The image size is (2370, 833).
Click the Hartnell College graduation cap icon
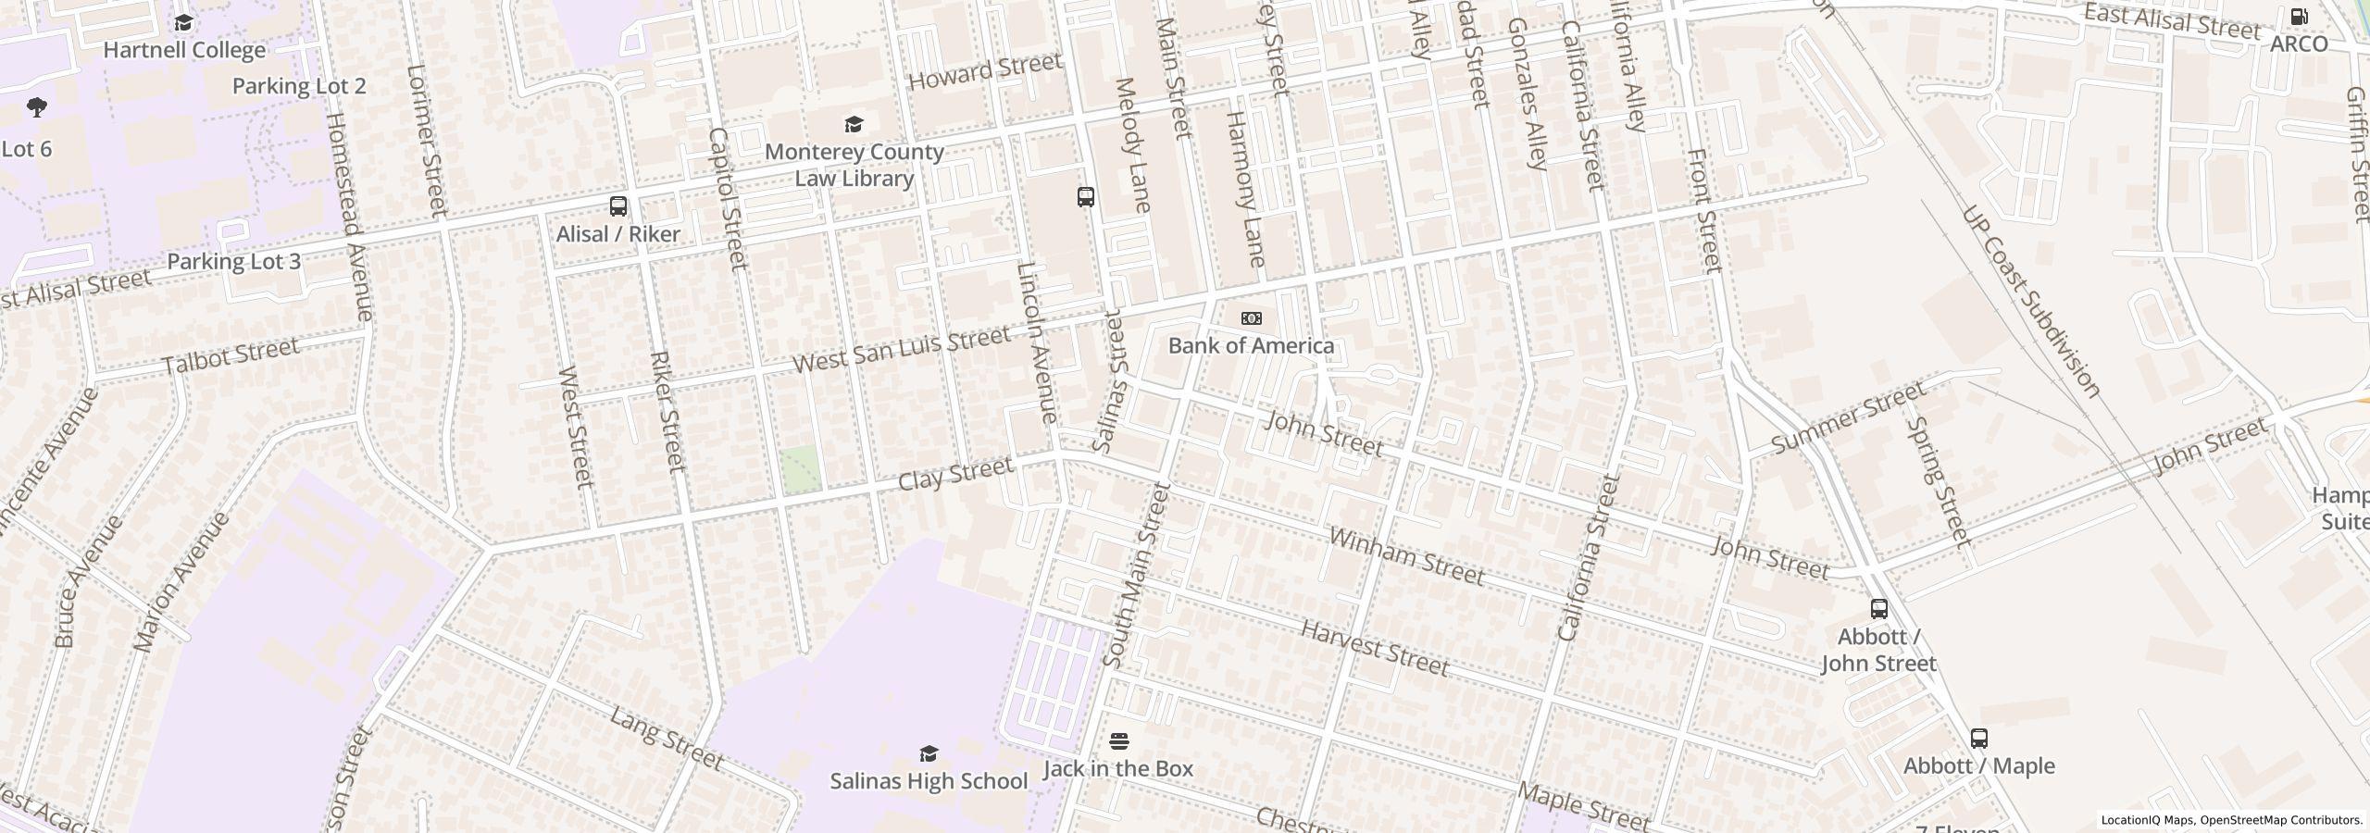pos(183,23)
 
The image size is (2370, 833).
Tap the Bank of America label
pos(1251,345)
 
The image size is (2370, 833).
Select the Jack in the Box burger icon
pos(1118,741)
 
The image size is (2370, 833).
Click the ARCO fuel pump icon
pos(2299,17)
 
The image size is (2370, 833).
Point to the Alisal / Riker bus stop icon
pos(617,206)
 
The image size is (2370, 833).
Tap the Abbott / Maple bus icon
pos(1978,739)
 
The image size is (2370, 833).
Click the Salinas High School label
pos(929,781)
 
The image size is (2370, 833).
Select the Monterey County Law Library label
pos(854,165)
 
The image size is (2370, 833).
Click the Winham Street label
pos(1406,556)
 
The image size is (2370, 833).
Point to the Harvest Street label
pos(1374,648)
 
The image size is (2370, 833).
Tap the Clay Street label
pos(955,475)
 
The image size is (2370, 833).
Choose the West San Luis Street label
pos(901,349)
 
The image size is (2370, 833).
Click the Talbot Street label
pos(231,355)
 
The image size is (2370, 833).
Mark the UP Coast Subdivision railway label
pos(2030,302)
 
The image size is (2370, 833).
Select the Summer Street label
pos(1848,419)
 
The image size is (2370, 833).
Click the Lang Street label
pos(666,738)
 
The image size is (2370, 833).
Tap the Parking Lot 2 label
pos(298,86)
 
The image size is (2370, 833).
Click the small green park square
pos(800,468)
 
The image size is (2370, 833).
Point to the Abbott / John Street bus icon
pos(1878,609)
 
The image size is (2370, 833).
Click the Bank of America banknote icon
pos(1251,318)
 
